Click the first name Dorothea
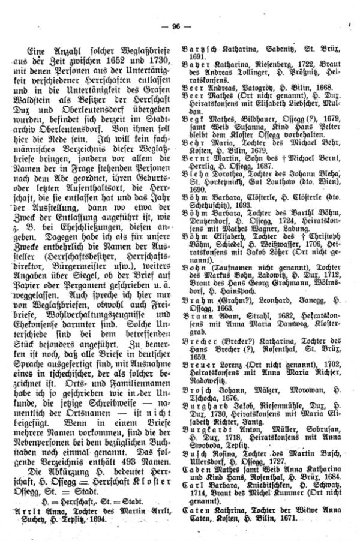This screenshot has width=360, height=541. pos(230,173)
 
